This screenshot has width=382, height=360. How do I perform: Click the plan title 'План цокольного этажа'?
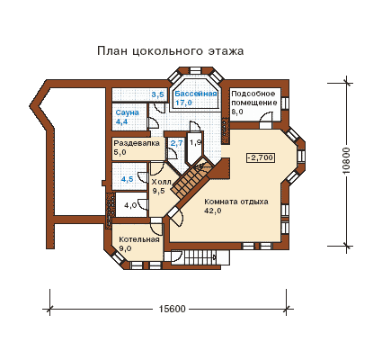point(170,51)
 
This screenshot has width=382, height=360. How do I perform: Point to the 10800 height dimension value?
point(346,160)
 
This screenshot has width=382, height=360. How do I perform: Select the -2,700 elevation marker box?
point(261,157)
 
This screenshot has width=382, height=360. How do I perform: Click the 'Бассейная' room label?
point(196,94)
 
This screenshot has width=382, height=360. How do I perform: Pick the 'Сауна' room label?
point(127,112)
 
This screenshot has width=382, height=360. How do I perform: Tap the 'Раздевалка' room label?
point(137,143)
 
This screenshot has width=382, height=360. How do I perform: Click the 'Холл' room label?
point(161,182)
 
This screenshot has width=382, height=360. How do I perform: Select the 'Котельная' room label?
point(139,239)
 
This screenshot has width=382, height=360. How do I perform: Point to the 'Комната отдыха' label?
point(236,202)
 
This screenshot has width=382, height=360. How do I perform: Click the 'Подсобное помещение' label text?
point(254,98)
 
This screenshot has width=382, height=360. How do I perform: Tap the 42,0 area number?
point(213,211)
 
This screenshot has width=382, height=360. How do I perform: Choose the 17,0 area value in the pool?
point(183,103)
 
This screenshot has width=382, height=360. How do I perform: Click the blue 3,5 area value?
point(157,94)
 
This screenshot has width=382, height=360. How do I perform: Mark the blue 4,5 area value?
point(127,179)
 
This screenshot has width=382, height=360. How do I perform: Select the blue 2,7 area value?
point(176,143)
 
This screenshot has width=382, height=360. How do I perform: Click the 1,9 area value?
point(196,143)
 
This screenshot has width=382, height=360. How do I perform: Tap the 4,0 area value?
point(130,205)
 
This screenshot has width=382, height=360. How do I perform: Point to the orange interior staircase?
point(193,179)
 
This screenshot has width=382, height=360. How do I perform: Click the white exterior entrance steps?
point(206,256)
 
